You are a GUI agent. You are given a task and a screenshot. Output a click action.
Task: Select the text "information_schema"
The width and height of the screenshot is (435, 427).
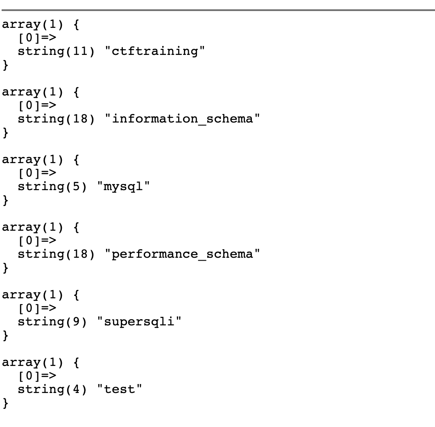tap(182, 119)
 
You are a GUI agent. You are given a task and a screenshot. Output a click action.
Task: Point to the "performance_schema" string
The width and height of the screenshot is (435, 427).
tap(182, 254)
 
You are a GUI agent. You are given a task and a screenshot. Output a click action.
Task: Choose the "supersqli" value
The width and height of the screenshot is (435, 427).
tap(139, 322)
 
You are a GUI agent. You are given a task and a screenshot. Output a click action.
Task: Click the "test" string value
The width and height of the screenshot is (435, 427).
tap(120, 389)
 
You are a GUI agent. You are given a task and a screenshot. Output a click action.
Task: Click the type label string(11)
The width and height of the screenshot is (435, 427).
tap(56, 51)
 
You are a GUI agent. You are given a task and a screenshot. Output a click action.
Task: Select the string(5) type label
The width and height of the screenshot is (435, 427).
tap(52, 186)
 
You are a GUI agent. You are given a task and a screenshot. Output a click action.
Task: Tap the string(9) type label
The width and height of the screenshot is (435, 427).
tap(52, 322)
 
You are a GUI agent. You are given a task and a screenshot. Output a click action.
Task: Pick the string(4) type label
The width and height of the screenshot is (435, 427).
tap(52, 389)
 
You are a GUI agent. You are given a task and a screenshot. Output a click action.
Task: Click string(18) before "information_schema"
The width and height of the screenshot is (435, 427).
tap(56, 119)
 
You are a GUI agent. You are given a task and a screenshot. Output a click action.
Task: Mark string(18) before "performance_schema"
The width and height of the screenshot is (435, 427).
tap(56, 254)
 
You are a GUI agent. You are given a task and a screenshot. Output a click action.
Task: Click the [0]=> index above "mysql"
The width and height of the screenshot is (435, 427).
tap(37, 173)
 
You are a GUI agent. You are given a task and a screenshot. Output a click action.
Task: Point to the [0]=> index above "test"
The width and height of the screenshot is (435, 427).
tap(37, 376)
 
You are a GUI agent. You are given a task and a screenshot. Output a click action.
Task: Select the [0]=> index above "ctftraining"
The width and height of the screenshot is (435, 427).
tap(37, 38)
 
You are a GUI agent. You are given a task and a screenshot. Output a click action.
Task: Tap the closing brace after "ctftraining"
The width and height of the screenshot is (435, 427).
tap(5, 65)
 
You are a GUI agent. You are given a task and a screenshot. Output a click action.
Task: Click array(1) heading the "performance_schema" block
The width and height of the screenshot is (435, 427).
tap(33, 227)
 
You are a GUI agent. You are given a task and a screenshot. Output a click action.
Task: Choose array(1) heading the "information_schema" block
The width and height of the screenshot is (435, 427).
tap(33, 92)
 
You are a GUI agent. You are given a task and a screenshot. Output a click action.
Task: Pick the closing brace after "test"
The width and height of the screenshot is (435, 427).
tap(5, 403)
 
